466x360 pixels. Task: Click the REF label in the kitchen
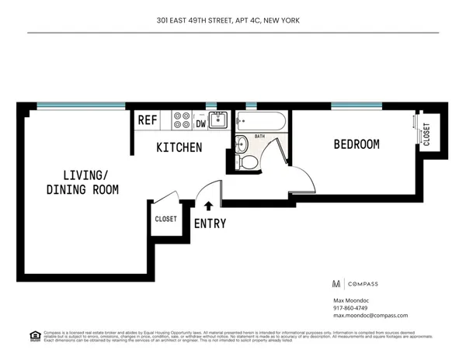tap(148, 120)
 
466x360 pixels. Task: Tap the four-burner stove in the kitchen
tap(182, 119)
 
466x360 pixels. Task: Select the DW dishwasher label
tap(200, 122)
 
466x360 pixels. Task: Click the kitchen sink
tap(220, 119)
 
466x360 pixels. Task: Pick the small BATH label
tap(259, 137)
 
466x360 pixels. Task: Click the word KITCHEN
tap(179, 147)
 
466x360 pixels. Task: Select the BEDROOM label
tap(356, 144)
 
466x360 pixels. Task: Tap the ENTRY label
tap(210, 224)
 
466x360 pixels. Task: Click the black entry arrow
tap(208, 206)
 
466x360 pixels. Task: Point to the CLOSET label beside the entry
tap(166, 219)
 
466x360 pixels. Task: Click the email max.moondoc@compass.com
tap(370, 316)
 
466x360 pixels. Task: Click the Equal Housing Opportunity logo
tap(34, 335)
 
